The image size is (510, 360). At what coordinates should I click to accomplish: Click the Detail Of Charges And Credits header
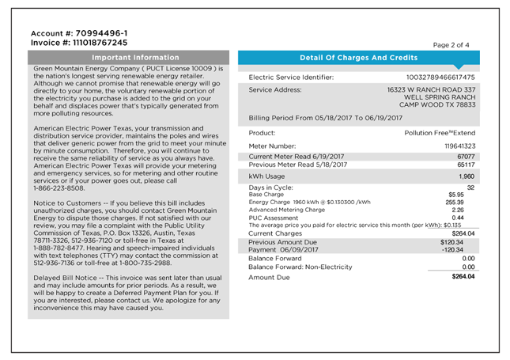[358, 58]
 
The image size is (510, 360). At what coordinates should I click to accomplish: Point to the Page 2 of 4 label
[451, 45]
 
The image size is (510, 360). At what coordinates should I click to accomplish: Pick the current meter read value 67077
[464, 157]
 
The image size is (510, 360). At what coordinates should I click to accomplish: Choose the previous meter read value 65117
[464, 165]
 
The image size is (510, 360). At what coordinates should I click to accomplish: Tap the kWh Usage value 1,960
[463, 176]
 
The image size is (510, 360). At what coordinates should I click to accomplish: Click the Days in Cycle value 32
[470, 187]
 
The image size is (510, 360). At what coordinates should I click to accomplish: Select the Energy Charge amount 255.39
[463, 202]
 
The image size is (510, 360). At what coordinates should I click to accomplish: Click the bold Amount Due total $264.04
[462, 277]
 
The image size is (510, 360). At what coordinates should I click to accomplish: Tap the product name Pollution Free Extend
[440, 133]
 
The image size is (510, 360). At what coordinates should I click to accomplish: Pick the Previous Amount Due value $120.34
[461, 241]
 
